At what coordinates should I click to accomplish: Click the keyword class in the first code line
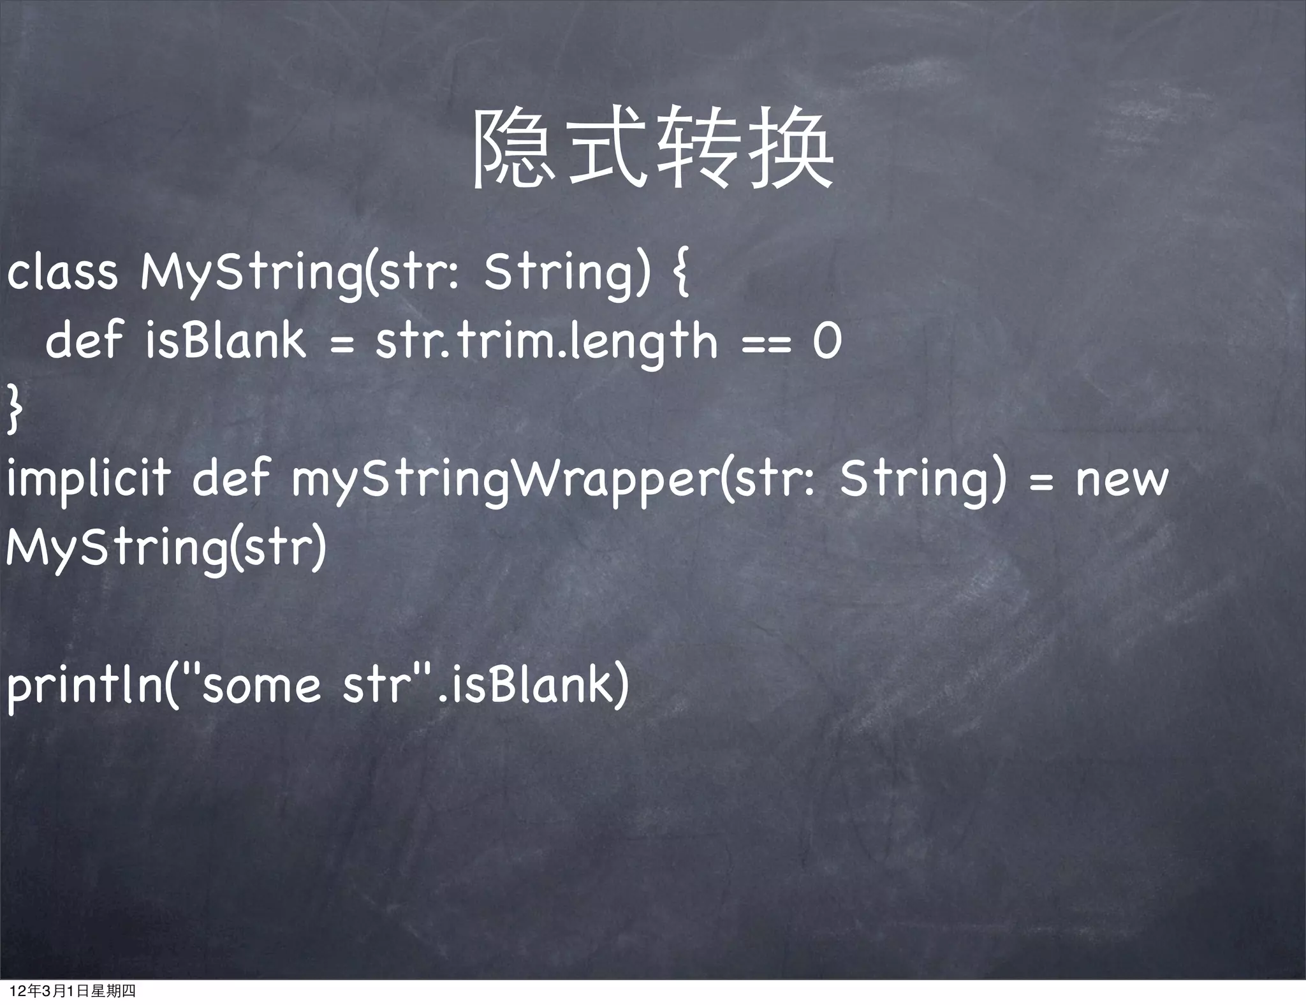click(x=62, y=273)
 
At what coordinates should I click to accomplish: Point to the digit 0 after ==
click(x=826, y=341)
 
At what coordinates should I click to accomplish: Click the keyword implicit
click(x=88, y=480)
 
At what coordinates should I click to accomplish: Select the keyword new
click(x=1122, y=480)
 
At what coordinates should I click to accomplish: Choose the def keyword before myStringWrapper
click(x=231, y=480)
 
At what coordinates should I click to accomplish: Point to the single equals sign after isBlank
click(x=342, y=345)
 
